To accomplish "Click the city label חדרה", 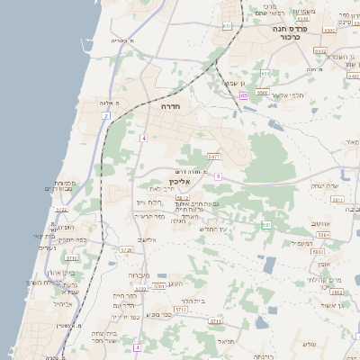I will tap(170, 106).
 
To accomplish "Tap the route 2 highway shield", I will tap(105, 116).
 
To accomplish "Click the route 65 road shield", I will tap(243, 95).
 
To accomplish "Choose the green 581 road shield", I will tap(266, 223).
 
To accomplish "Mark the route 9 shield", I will tap(218, 176).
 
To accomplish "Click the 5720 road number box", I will tap(126, 249).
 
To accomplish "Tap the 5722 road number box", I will tap(62, 210).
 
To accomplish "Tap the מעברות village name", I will tap(139, 274).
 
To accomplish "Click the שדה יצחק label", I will tap(323, 185).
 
